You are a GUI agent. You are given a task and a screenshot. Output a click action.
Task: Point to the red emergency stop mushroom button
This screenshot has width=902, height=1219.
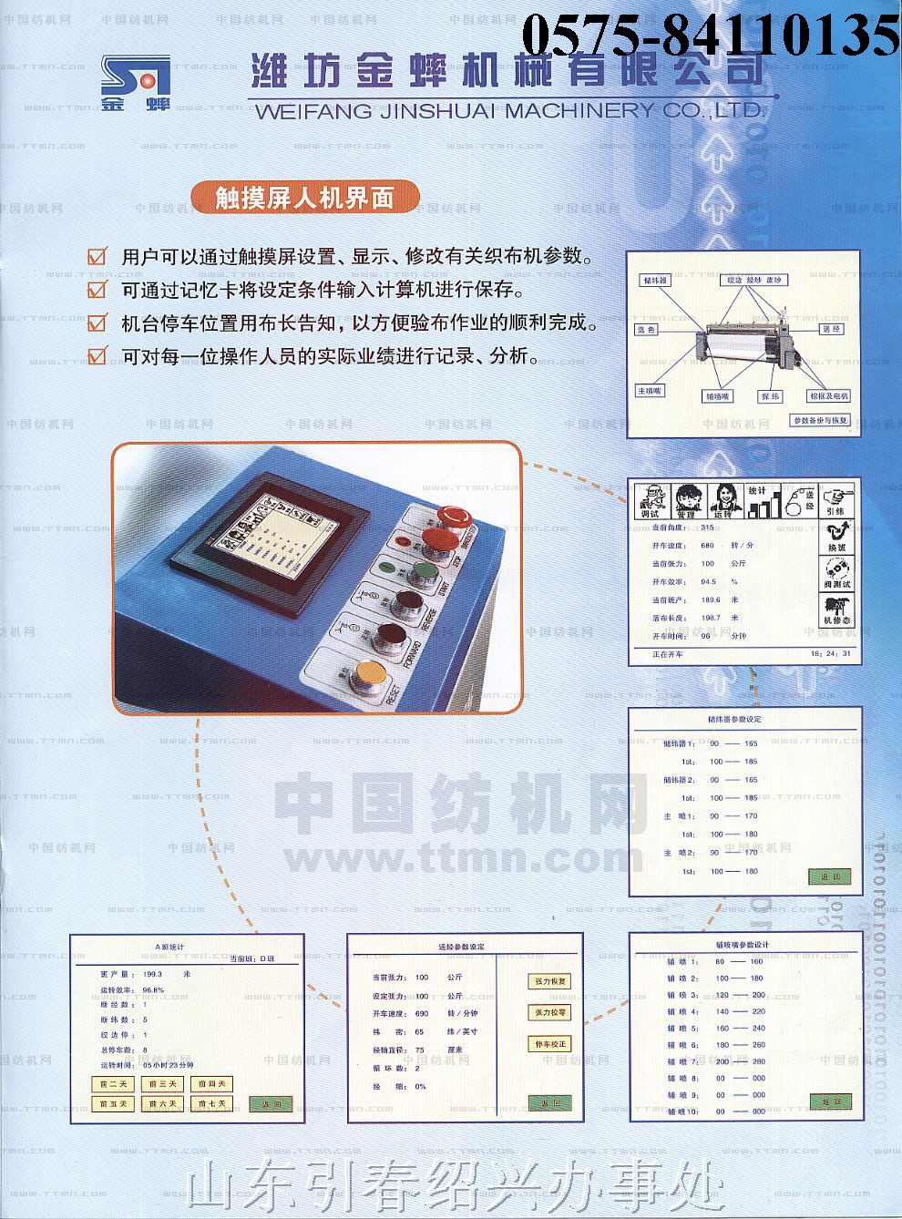point(453,517)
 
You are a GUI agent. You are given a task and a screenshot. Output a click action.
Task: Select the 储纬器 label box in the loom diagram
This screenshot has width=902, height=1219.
point(655,280)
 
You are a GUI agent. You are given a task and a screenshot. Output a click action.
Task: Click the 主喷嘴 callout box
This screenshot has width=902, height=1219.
point(650,391)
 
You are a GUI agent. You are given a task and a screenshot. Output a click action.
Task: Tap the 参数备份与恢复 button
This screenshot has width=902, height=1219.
point(820,421)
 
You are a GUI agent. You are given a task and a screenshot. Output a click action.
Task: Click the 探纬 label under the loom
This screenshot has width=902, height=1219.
point(771,396)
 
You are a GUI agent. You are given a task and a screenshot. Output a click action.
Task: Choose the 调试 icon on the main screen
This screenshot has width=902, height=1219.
point(651,501)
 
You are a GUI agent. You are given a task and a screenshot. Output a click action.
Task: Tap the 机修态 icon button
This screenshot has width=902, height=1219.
point(836,610)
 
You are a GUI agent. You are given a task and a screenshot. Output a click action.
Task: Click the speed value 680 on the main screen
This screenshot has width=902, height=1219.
point(707,546)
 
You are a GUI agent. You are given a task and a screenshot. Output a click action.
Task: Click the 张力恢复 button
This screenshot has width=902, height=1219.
point(549,981)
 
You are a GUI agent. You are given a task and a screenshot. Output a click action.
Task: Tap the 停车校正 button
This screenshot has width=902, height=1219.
point(549,1044)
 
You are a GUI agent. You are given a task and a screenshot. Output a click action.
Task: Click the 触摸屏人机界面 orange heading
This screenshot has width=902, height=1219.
point(304,197)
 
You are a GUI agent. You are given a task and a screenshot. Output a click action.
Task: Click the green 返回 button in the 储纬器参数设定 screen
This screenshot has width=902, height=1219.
point(829,876)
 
